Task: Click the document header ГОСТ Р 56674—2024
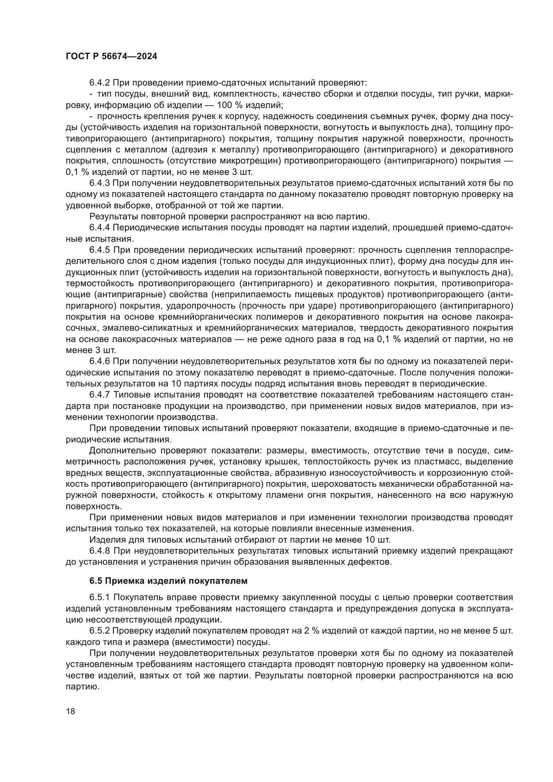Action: [111, 57]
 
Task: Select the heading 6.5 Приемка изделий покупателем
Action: [168, 581]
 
